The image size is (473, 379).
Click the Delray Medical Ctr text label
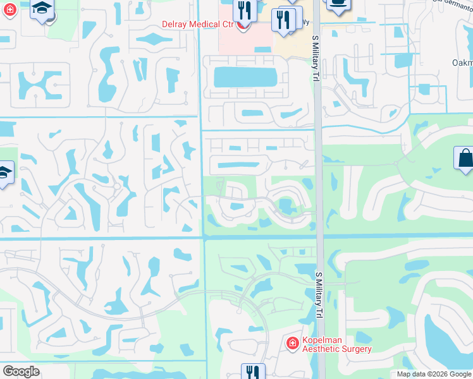pos(197,25)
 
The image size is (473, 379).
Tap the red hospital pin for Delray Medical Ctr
pos(242,25)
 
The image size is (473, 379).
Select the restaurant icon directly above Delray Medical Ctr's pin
pos(242,9)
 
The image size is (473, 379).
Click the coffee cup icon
pos(338,3)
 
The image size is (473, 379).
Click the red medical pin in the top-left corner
pos(8,11)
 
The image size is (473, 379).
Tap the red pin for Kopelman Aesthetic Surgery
pos(292,344)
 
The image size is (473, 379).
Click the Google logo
pos(21,371)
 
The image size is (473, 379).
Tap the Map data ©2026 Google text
pos(434,374)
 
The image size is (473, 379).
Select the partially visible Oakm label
pos(462,63)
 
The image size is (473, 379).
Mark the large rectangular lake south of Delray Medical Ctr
pos(245,77)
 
